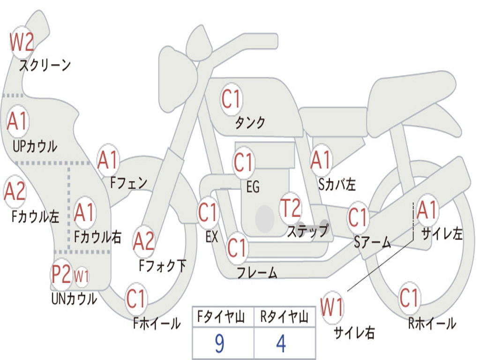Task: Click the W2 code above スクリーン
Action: pyautogui.click(x=22, y=43)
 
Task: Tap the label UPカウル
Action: pyautogui.click(x=35, y=146)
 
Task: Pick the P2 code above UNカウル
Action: pyautogui.click(x=61, y=274)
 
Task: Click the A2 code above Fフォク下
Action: pyautogui.click(x=143, y=241)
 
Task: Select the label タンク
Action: pyautogui.click(x=250, y=123)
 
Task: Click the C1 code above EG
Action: pyautogui.click(x=243, y=163)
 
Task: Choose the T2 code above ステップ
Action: pyautogui.click(x=290, y=208)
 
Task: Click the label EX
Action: pyautogui.click(x=211, y=237)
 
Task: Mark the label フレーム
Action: pyautogui.click(x=257, y=272)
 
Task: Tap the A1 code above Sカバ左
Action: pyautogui.click(x=321, y=160)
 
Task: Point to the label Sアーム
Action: pyautogui.click(x=372, y=242)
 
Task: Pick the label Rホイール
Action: pyautogui.click(x=432, y=323)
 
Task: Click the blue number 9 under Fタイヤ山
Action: pyautogui.click(x=219, y=344)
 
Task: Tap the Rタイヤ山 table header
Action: pyautogui.click(x=284, y=318)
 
